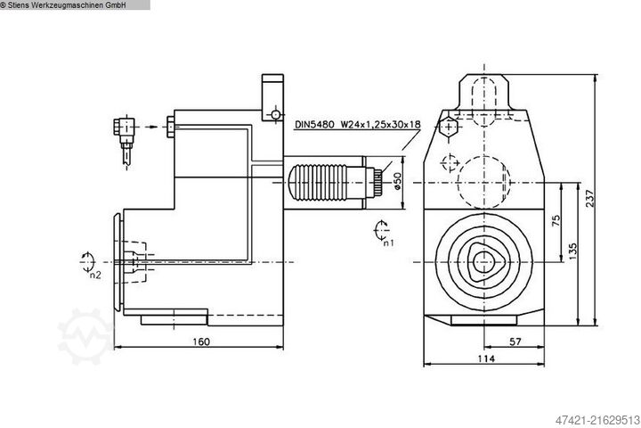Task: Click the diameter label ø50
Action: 398,179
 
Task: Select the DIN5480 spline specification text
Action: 356,126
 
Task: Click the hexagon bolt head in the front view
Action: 450,129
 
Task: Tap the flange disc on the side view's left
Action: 118,262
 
